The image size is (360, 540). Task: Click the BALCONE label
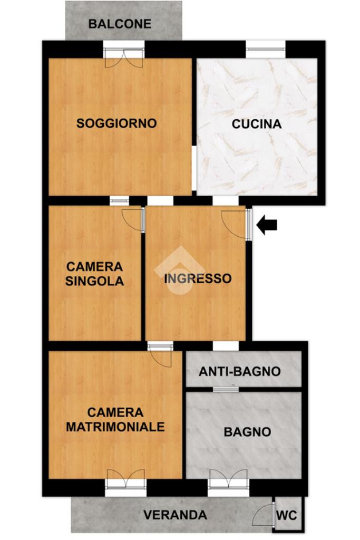click(x=120, y=24)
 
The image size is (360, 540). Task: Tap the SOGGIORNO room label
click(x=116, y=123)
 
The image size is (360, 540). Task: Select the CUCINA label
click(x=256, y=124)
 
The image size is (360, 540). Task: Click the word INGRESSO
click(x=198, y=278)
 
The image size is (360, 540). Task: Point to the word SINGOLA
click(x=95, y=281)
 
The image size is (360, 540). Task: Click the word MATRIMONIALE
click(x=115, y=427)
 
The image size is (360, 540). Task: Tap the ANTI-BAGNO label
click(x=239, y=371)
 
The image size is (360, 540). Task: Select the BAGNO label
click(x=247, y=432)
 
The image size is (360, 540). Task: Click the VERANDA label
click(x=175, y=515)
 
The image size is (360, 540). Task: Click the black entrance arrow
click(x=267, y=225)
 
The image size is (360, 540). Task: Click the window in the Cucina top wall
click(x=265, y=49)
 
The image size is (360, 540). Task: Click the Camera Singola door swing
click(x=133, y=219)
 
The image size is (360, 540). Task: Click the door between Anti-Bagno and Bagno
click(x=226, y=390)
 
